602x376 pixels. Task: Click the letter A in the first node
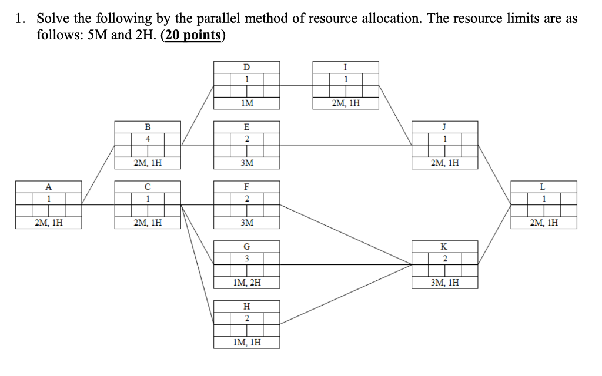[x=49, y=187]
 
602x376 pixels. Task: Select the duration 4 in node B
[x=148, y=139]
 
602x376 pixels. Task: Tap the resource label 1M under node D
[x=247, y=103]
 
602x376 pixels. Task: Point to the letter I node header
[x=346, y=67]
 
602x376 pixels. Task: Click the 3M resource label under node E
[x=247, y=163]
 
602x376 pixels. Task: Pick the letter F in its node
[x=247, y=187]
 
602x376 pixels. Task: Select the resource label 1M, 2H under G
[x=247, y=283]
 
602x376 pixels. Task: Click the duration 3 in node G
[x=247, y=258]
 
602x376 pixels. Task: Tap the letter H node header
[x=247, y=306]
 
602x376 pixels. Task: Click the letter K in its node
[x=445, y=247]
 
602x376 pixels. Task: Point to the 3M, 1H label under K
[x=445, y=283]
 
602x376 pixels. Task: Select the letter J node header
[x=445, y=127]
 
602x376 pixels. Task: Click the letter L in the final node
[x=544, y=187]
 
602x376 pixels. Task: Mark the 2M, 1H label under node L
[x=544, y=223]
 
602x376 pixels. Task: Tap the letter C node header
[x=148, y=187]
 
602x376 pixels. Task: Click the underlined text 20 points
[x=193, y=35]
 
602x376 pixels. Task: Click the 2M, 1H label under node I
[x=346, y=103]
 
